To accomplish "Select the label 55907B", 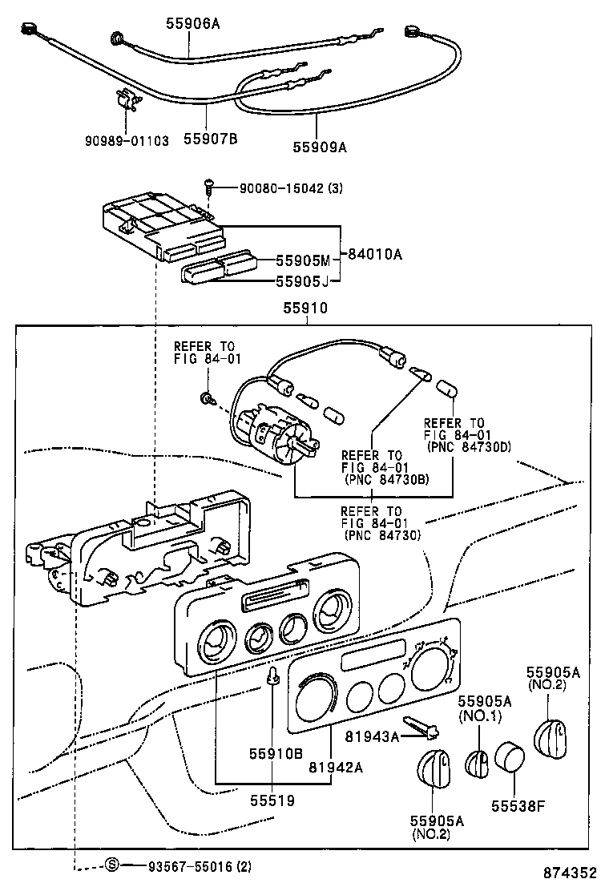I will coord(211,140).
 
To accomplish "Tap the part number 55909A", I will coord(321,147).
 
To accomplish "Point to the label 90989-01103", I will coord(127,140).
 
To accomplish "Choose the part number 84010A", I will coord(375,255).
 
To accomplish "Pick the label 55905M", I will coord(303,260).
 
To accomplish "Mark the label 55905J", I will coord(303,281).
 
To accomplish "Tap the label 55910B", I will coord(275,753).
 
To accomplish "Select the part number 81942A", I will coord(337,767).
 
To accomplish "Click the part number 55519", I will coord(272,800).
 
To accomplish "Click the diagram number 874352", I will coord(571,873).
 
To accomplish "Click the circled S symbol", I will coord(112,865).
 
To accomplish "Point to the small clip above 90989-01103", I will coord(126,101).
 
